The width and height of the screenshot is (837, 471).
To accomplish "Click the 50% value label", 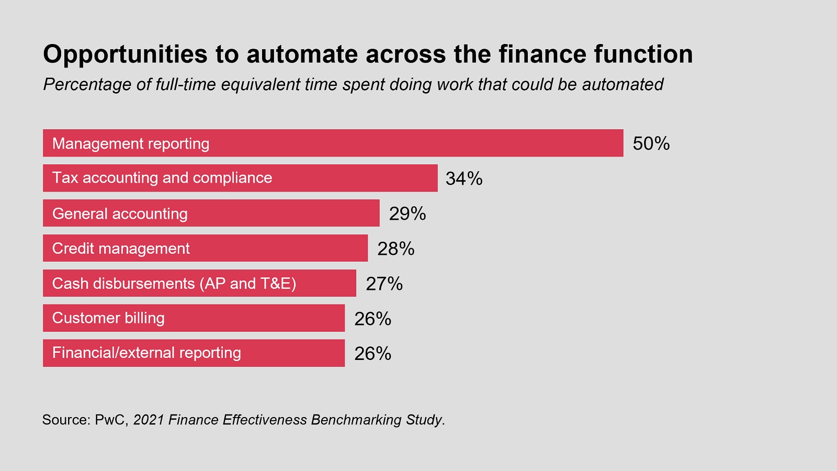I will pyautogui.click(x=651, y=143).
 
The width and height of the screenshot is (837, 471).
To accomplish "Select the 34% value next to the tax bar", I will pyautogui.click(x=463, y=178).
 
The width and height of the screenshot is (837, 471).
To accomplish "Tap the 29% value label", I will pyautogui.click(x=407, y=214).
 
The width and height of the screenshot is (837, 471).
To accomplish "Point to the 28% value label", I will pyautogui.click(x=395, y=249).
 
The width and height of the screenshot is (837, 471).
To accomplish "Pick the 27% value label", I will pyautogui.click(x=384, y=284).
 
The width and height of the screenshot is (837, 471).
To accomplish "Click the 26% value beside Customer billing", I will pyautogui.click(x=372, y=319).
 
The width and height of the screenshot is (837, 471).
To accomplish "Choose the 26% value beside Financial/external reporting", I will pyautogui.click(x=372, y=354).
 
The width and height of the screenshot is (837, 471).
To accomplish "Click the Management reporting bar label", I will pyautogui.click(x=131, y=143).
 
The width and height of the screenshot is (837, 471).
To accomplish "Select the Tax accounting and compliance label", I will pyautogui.click(x=162, y=178).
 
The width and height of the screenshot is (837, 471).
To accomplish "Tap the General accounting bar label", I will pyautogui.click(x=120, y=214).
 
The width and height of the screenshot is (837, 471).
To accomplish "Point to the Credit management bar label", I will pyautogui.click(x=121, y=249).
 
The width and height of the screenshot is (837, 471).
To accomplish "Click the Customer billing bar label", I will pyautogui.click(x=108, y=318).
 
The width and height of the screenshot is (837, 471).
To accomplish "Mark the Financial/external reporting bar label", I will pyautogui.click(x=146, y=353).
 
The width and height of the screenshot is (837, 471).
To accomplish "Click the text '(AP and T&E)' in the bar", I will pyautogui.click(x=247, y=284).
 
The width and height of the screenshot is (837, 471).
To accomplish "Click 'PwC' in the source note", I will pyautogui.click(x=111, y=420).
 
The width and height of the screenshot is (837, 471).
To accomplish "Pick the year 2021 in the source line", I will pyautogui.click(x=149, y=420).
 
